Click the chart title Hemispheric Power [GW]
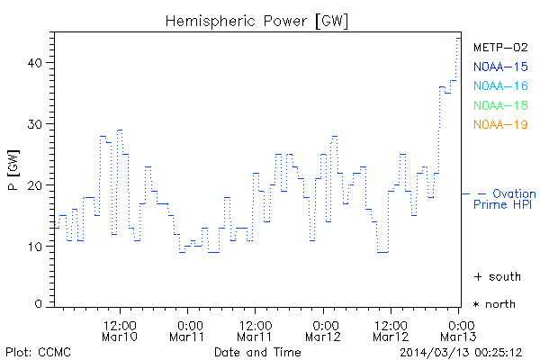pos(257,20)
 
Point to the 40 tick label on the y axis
pos(34,63)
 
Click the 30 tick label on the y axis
pos(34,124)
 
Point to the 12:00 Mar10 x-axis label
pos(120,330)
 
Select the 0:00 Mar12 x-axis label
pos(323,330)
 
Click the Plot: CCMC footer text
pos(38,351)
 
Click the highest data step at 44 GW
pos(459,38)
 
